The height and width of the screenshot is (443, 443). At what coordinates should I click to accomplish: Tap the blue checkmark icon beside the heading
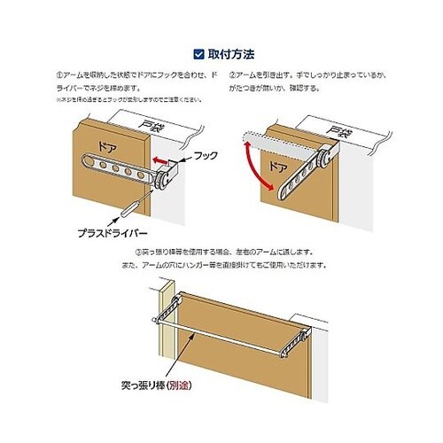[x=198, y=53]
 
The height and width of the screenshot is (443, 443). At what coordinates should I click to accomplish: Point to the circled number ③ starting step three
[x=134, y=253]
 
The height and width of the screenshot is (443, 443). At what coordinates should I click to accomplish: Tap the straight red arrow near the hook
[x=159, y=160]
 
